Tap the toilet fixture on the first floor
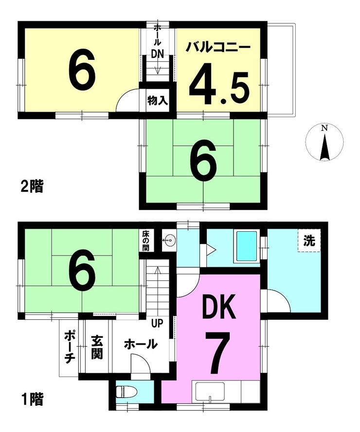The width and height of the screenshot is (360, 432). coord(123,392)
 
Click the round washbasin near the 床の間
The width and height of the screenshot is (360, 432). coord(168,241)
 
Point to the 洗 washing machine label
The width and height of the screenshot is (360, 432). coord(309,241)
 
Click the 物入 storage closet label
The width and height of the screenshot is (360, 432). coord(158,101)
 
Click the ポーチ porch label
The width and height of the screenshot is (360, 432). coord(70,347)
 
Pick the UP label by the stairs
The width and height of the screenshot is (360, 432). coord(157,323)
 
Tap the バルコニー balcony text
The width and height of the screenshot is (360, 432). coord(218,47)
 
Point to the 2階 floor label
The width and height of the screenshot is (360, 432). coord(32,186)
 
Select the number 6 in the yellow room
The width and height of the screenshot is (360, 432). coord(82,68)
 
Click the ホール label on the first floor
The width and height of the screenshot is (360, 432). coord(141,344)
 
